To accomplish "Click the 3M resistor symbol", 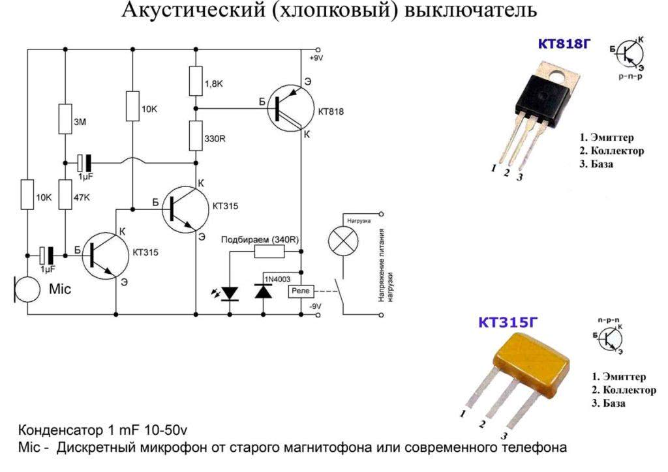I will [65, 118].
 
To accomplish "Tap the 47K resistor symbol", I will [65, 195].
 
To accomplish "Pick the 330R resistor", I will [194, 135].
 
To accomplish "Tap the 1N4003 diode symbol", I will [264, 291].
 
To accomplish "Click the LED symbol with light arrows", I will [230, 293].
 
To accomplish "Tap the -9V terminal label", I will [316, 306].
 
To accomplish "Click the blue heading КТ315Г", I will [504, 323].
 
